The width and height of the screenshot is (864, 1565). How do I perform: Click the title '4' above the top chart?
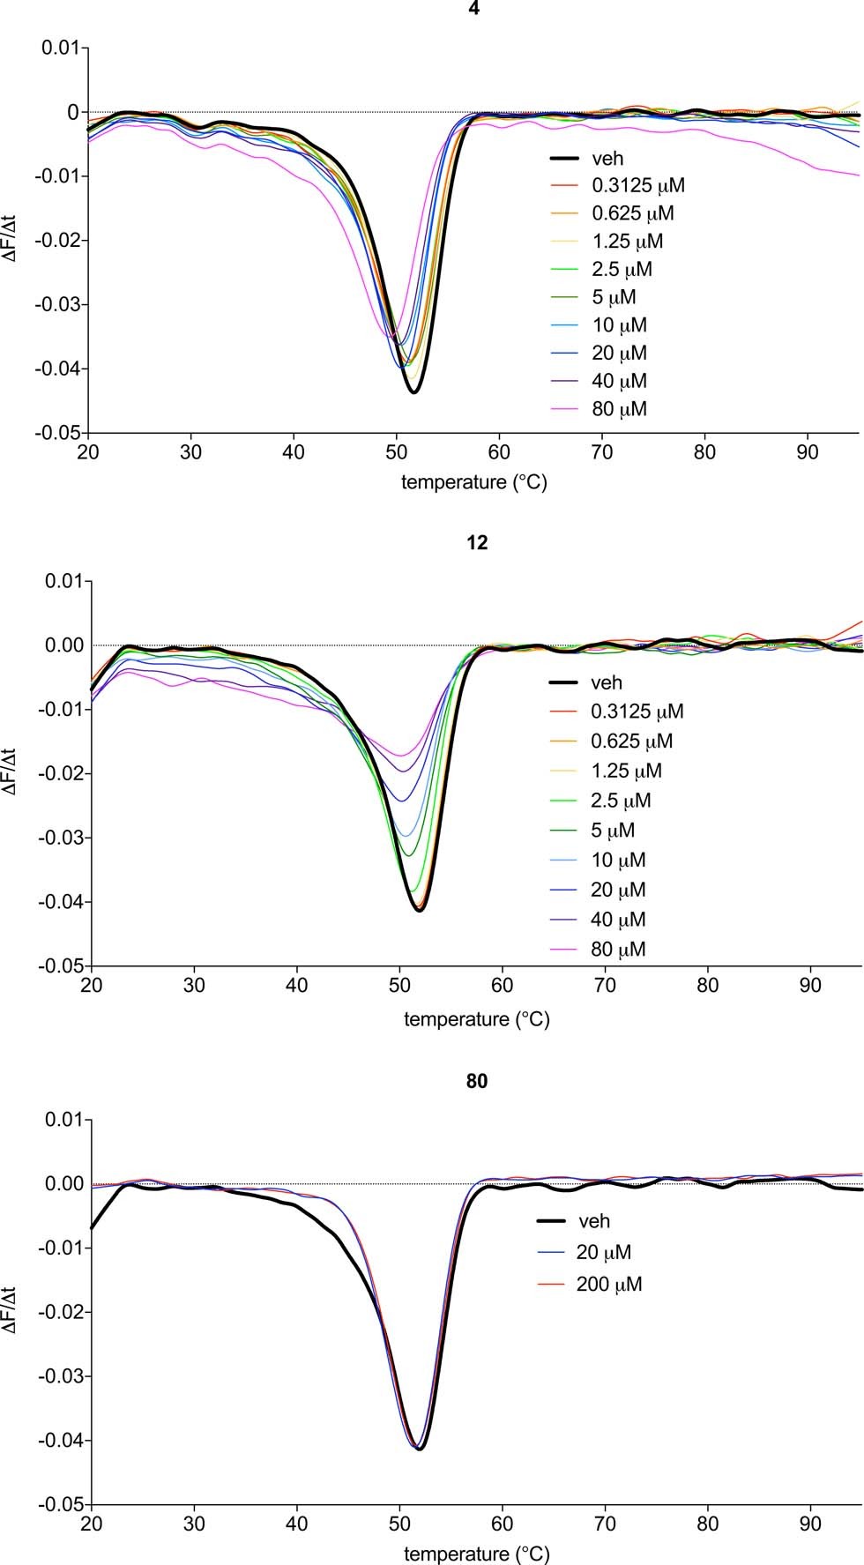click(x=476, y=7)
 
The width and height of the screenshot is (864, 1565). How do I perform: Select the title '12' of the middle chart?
click(x=476, y=543)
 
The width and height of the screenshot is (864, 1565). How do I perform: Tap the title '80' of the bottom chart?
click(x=476, y=1081)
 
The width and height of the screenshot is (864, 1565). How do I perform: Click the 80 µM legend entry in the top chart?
click(x=619, y=409)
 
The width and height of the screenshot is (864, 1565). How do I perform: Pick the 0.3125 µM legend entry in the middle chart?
click(x=637, y=712)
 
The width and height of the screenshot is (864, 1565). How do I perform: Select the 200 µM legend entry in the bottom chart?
click(x=608, y=1284)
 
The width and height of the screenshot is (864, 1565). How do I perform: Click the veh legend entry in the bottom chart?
click(x=593, y=1221)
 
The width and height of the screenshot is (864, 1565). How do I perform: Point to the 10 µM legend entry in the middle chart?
click(x=618, y=860)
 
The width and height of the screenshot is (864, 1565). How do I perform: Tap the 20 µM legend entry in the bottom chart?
click(x=603, y=1252)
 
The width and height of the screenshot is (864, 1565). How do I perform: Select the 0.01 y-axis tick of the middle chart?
click(x=63, y=582)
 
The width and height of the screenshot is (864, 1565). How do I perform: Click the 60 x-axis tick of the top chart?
click(x=499, y=452)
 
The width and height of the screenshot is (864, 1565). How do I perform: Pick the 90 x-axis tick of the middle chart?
click(x=810, y=985)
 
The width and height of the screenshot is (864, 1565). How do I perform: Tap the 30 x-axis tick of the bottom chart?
click(x=194, y=1524)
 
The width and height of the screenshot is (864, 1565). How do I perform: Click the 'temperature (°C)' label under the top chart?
click(x=474, y=482)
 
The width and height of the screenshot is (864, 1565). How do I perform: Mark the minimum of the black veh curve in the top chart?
click(x=413, y=392)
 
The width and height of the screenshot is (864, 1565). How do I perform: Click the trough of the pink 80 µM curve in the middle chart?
click(x=400, y=756)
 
